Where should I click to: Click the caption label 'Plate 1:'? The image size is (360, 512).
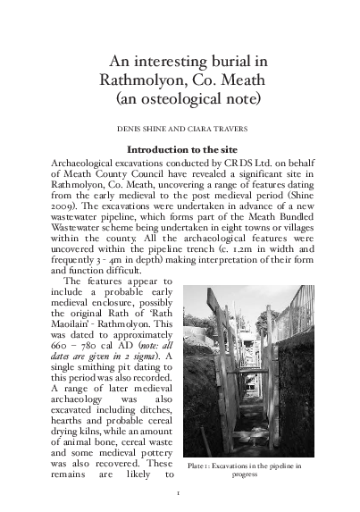click(201, 466)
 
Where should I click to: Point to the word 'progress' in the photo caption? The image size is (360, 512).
click(243, 475)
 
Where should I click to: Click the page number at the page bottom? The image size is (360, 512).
click(179, 492)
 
